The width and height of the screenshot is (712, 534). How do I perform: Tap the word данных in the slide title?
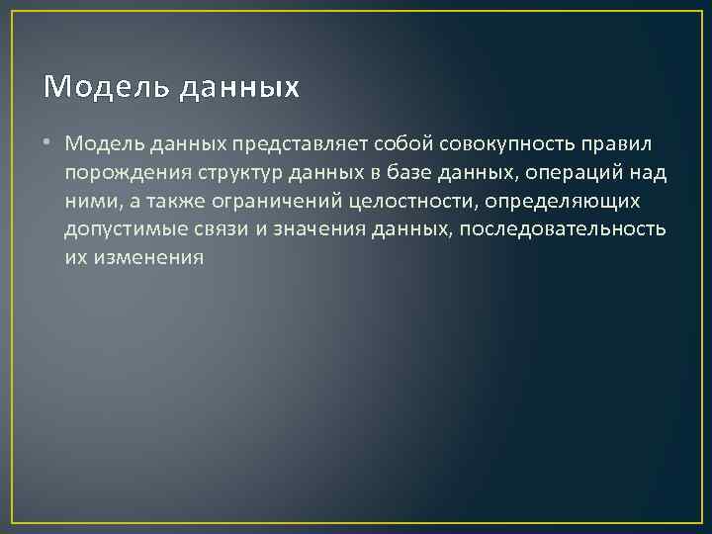[x=238, y=88]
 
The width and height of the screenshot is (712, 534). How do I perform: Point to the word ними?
[x=89, y=202]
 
